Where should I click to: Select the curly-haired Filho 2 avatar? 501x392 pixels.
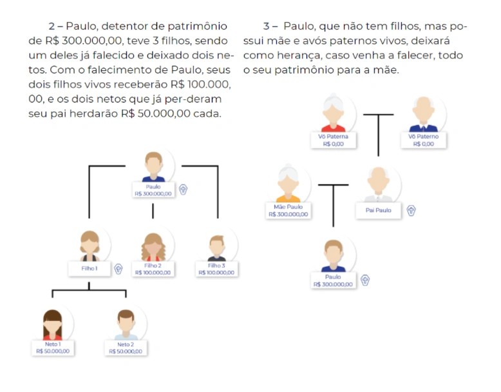[153, 246]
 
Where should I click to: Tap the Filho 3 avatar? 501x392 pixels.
[217, 247]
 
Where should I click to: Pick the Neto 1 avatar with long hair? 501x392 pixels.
[52, 324]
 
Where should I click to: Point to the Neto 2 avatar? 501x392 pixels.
[126, 324]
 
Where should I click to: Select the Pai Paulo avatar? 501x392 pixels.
[378, 186]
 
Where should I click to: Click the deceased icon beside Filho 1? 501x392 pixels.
[118, 269]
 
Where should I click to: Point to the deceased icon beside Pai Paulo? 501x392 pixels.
[411, 210]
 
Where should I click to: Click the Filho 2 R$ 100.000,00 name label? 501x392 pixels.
[153, 269]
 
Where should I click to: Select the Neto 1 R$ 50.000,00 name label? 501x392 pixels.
[52, 348]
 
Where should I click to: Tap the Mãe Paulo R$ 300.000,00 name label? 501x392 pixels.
[288, 210]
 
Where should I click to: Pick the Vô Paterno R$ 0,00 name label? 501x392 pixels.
[423, 140]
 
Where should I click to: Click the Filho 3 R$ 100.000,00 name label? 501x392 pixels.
[217, 269]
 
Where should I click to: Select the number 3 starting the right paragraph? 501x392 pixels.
[266, 26]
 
